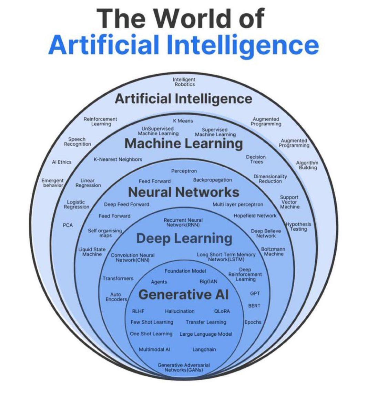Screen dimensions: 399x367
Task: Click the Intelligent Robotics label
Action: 184,82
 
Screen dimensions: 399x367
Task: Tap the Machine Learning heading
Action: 183,143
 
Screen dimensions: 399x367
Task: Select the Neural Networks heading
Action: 183,192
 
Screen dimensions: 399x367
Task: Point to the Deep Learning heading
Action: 184,238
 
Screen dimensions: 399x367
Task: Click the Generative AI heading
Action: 183,295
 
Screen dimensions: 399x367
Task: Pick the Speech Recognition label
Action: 77,141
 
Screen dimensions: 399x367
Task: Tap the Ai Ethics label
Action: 62,162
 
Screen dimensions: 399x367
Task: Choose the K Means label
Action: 183,121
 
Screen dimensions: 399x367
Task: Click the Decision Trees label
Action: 256,159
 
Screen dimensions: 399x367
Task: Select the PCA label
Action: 68,225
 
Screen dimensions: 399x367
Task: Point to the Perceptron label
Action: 184,171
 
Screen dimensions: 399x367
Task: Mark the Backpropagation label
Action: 212,180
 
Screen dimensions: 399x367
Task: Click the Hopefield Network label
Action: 255,216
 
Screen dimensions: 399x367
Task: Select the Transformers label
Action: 118,278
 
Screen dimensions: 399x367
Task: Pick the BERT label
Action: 254,305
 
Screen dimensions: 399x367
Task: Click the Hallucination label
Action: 180,311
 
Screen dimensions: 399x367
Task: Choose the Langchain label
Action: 204,349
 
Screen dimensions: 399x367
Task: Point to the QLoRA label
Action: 222,311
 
